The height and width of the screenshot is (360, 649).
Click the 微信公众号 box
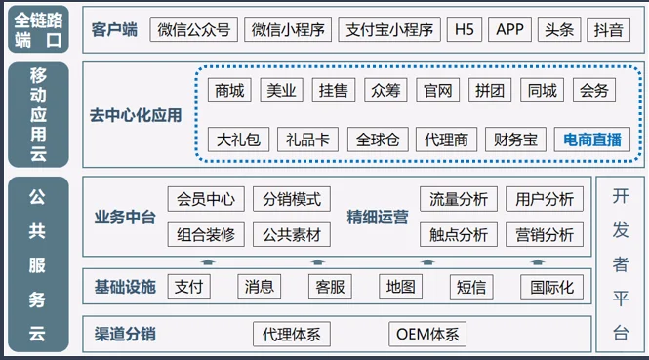click(x=195, y=29)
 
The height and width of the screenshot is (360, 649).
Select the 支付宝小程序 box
click(x=391, y=29)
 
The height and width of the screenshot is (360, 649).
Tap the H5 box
click(x=463, y=29)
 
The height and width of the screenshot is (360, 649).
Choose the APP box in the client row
click(x=510, y=29)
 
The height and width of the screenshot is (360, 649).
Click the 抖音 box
click(x=608, y=29)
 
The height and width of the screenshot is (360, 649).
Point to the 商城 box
click(x=229, y=91)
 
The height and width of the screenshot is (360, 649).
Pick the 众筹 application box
click(x=385, y=91)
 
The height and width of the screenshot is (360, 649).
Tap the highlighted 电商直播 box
click(x=592, y=140)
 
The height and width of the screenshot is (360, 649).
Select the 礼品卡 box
click(x=308, y=140)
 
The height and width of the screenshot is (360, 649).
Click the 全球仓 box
click(x=377, y=140)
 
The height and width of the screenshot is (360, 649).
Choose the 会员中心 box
click(x=206, y=199)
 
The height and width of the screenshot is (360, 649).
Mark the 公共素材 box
click(x=292, y=235)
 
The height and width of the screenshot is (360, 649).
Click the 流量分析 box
click(x=459, y=199)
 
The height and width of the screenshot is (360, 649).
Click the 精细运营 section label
click(x=378, y=218)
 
